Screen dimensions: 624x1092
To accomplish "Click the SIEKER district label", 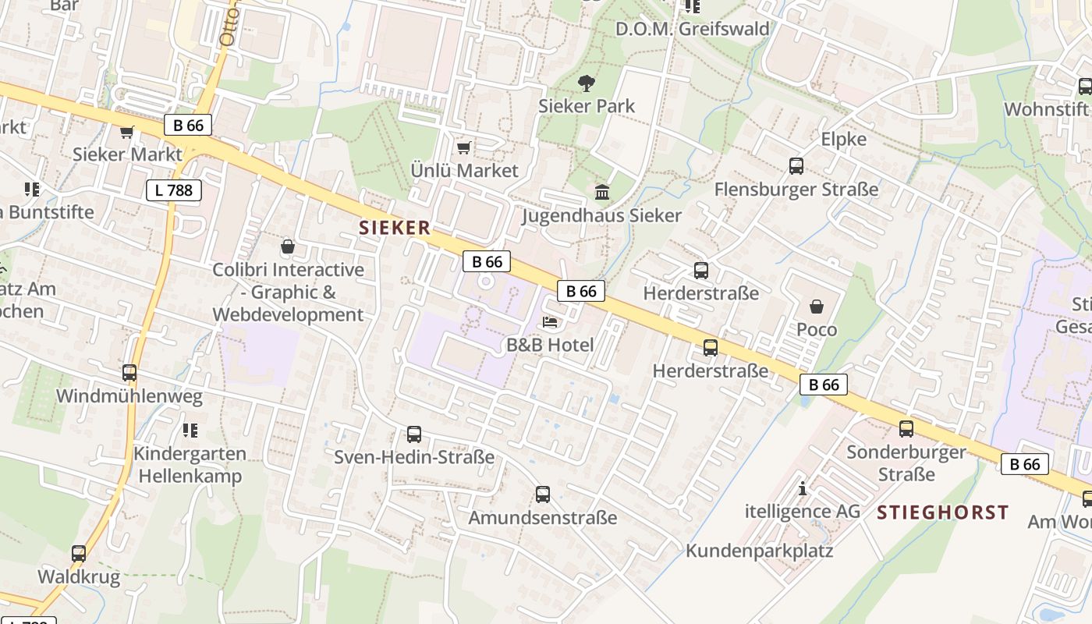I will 395,228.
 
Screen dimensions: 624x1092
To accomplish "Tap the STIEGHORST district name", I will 942,512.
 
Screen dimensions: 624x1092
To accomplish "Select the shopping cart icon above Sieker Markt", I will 126,133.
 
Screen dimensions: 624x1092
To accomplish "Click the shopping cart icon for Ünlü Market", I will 464,148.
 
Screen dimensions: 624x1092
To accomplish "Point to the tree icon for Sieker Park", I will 586,83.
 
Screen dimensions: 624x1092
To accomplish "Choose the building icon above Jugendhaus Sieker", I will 602,192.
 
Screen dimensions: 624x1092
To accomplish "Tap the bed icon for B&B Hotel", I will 550,322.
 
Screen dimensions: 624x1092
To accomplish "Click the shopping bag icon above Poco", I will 817,307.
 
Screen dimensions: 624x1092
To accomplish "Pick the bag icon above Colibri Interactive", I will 288,246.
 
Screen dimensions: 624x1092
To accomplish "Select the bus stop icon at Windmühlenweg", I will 129,373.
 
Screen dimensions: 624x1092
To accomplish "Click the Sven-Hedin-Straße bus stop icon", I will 414,434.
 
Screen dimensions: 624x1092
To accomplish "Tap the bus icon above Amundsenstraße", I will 543,494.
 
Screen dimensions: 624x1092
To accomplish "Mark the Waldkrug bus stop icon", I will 79,554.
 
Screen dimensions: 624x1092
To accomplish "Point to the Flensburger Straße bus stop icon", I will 796,166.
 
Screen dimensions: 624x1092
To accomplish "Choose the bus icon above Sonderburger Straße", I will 906,428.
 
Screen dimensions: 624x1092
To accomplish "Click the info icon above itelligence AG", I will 803,489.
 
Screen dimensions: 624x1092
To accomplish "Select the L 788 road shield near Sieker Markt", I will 174,190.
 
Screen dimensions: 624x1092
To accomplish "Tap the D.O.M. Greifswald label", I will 693,29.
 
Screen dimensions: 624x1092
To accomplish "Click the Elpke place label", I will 844,139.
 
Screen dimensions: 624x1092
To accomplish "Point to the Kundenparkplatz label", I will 759,551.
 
